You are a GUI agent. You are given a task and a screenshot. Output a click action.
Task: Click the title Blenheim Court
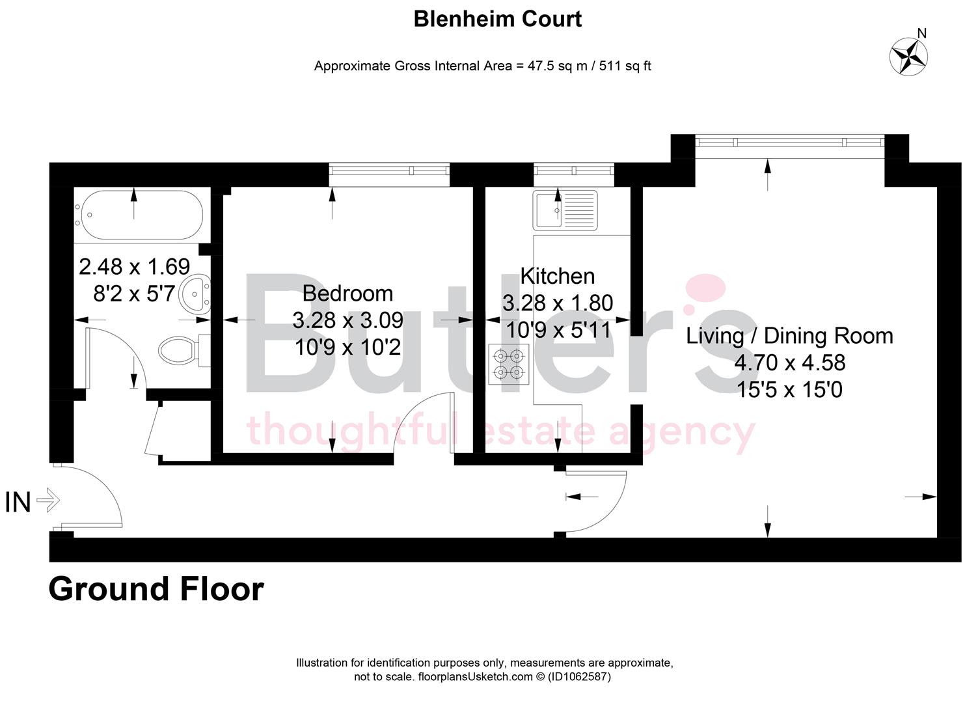click(x=497, y=19)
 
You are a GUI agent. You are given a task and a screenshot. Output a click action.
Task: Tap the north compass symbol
click(x=908, y=55)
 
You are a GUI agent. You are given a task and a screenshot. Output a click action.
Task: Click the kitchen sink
click(x=565, y=210)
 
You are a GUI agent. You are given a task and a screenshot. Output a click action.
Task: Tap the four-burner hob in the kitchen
click(x=509, y=364)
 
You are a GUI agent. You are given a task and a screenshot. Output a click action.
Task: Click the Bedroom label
click(x=347, y=294)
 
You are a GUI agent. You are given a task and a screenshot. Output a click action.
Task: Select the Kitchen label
click(x=557, y=276)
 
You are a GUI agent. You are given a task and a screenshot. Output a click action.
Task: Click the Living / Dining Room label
click(x=789, y=336)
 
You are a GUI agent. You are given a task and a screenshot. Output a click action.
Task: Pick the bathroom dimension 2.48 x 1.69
click(x=134, y=266)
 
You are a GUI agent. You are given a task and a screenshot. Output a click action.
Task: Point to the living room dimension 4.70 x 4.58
click(x=789, y=363)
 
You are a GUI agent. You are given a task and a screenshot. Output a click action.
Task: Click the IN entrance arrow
click(x=48, y=501)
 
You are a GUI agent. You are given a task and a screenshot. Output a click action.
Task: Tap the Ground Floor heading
click(x=156, y=588)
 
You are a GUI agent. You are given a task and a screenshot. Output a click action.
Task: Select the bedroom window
click(x=389, y=171)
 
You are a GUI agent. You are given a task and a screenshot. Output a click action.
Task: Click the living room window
click(x=789, y=142)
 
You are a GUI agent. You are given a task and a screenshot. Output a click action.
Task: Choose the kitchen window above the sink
click(x=573, y=171)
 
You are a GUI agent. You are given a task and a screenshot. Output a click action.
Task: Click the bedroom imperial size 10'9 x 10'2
click(x=347, y=348)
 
